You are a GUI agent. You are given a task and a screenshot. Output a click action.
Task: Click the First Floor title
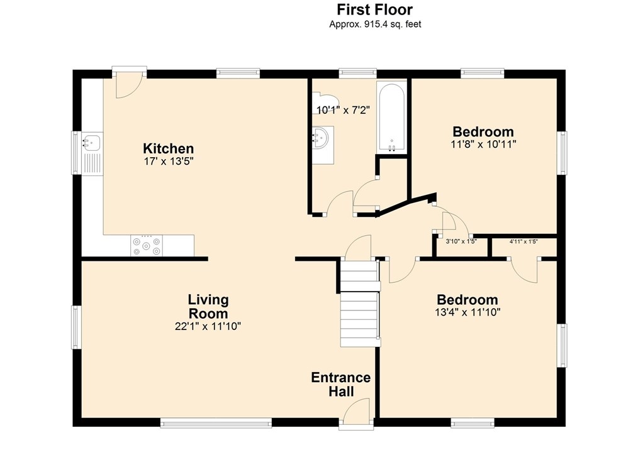pos(374,9)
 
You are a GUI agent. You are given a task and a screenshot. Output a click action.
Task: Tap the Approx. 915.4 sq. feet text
pos(375,24)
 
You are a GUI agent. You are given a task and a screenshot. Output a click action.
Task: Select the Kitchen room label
pos(168,148)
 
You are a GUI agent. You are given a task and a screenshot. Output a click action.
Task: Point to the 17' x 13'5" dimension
pos(168,162)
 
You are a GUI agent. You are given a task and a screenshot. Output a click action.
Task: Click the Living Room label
pos(208,306)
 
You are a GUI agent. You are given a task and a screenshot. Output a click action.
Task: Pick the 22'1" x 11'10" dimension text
pos(208,326)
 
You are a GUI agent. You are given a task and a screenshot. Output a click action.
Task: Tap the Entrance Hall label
pos(341,385)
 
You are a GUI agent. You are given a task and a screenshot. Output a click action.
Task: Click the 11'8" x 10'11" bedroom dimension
pos(483,144)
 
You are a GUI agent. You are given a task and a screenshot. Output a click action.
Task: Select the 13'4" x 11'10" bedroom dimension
pos(467,312)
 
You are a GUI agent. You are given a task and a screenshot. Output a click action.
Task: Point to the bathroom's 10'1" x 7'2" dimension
pos(343,110)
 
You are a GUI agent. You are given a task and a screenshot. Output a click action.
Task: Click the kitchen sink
pos(92,142)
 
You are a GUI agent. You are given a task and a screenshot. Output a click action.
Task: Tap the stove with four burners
pos(147,245)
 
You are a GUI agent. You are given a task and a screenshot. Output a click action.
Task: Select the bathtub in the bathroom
pos(391,117)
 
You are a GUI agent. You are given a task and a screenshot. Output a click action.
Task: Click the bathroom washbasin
pos(323,138)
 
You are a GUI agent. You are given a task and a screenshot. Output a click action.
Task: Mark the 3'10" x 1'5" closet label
pos(461,241)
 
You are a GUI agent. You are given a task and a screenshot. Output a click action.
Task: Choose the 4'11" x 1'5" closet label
pos(523,241)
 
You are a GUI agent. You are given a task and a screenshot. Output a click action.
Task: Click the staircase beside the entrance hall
pos(360,304)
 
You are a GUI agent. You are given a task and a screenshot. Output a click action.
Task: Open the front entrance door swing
pos(356,412)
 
